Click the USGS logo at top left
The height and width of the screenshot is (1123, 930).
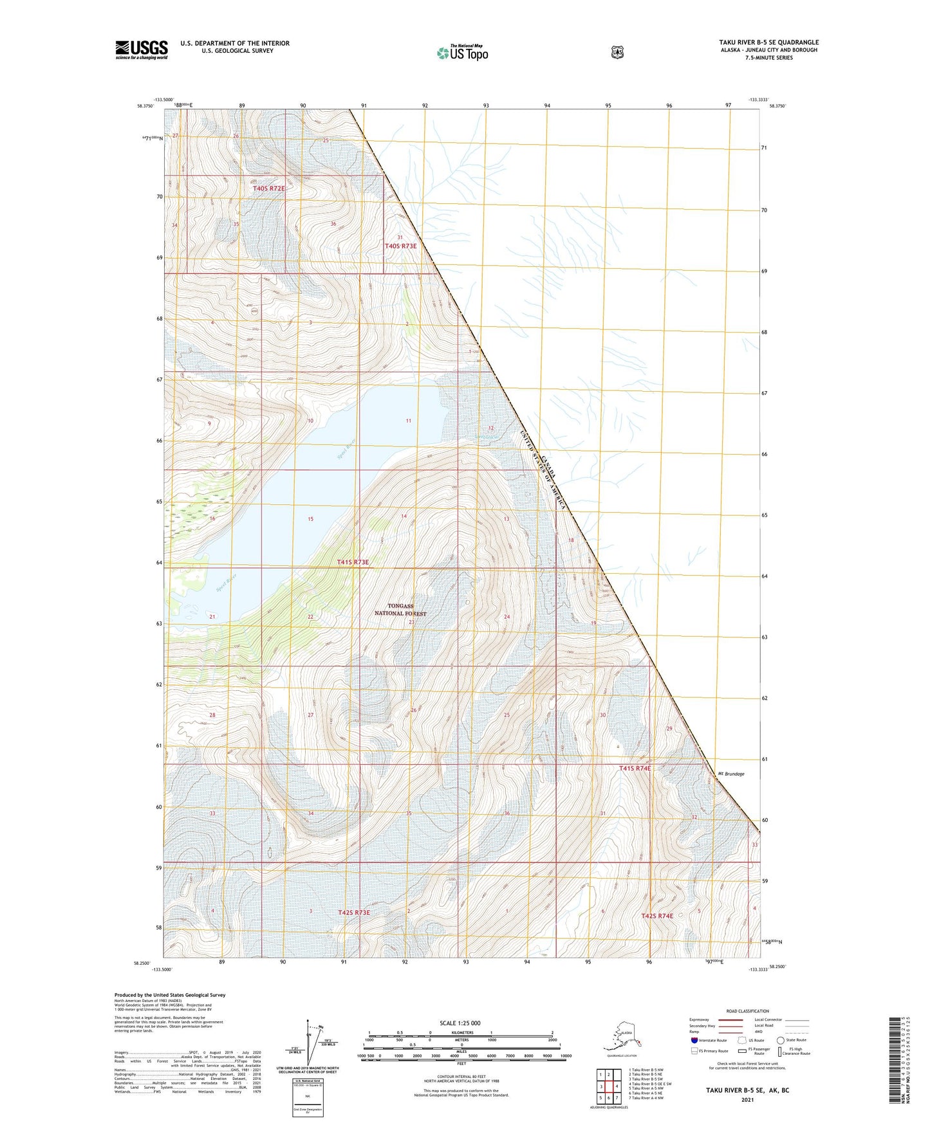coord(142,49)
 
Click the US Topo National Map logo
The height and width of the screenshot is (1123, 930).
coord(462,53)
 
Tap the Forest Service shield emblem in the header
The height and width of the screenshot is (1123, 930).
coord(617,52)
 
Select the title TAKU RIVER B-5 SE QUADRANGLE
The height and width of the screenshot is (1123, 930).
coord(768,42)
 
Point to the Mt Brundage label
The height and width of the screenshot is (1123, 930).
coord(731,774)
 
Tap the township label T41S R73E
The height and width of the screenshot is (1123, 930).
coord(353,562)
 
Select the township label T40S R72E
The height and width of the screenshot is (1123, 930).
coord(268,188)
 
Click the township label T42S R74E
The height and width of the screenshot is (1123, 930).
coord(657,916)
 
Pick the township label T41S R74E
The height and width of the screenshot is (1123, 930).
coord(635,768)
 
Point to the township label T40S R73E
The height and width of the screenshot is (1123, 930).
coord(400,246)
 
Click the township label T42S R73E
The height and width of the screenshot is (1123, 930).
coord(354,912)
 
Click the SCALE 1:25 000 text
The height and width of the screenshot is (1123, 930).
coord(460,1023)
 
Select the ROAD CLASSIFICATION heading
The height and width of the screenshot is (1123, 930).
coord(747,1011)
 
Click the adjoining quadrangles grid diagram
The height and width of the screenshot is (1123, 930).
coord(608,1086)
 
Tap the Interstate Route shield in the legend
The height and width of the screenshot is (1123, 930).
coord(694,1040)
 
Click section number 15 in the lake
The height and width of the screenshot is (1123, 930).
coord(310,519)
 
